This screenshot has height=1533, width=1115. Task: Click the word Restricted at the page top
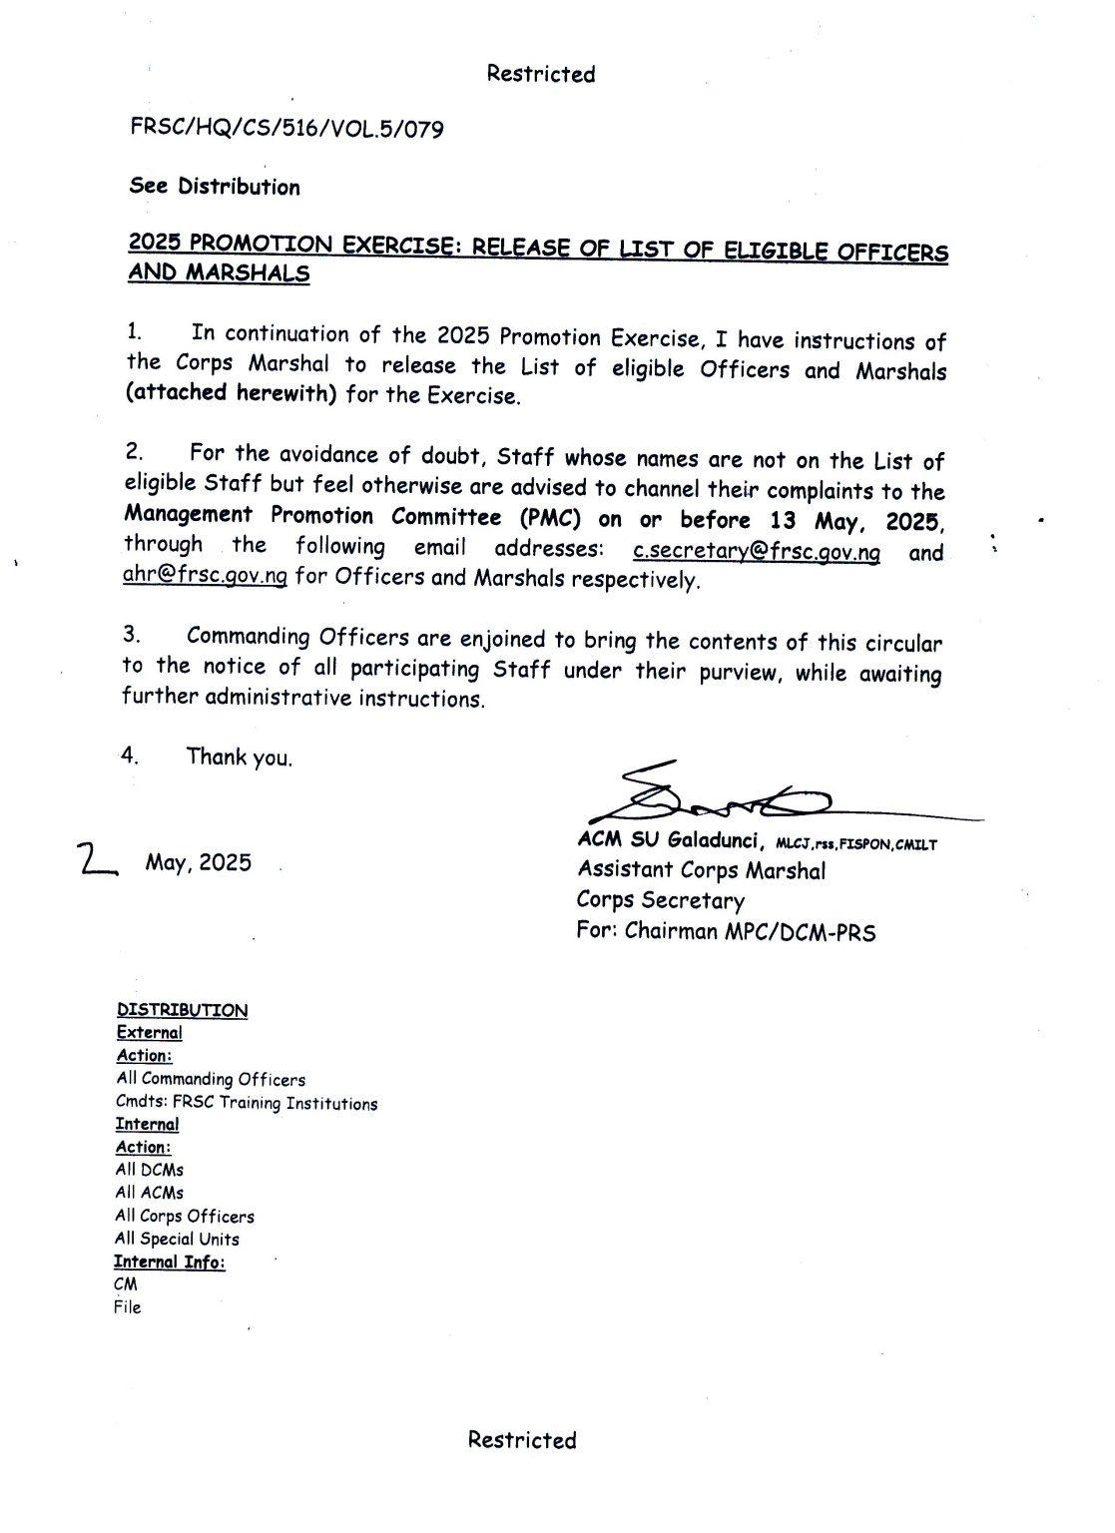(541, 74)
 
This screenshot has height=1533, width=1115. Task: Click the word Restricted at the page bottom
(522, 1439)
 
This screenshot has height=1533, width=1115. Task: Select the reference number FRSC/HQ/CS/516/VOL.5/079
(286, 129)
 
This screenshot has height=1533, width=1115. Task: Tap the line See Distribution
(215, 187)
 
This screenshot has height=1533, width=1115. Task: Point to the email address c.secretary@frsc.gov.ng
(758, 552)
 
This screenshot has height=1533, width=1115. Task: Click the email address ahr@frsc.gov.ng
(206, 577)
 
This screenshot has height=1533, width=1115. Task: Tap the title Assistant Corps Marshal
(701, 870)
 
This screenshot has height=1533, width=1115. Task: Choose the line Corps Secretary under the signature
(660, 900)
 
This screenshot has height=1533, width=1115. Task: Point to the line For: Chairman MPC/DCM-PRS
(726, 932)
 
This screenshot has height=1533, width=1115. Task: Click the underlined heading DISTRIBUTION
(183, 1010)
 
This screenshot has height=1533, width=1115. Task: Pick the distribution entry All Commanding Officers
(211, 1079)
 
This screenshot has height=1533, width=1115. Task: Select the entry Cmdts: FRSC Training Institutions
(247, 1104)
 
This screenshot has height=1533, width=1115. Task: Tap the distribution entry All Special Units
(178, 1240)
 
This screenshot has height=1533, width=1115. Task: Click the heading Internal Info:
(170, 1263)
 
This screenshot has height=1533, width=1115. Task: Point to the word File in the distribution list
(128, 1307)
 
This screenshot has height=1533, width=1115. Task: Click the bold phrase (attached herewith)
(232, 392)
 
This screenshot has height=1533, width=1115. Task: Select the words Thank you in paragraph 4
(240, 758)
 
